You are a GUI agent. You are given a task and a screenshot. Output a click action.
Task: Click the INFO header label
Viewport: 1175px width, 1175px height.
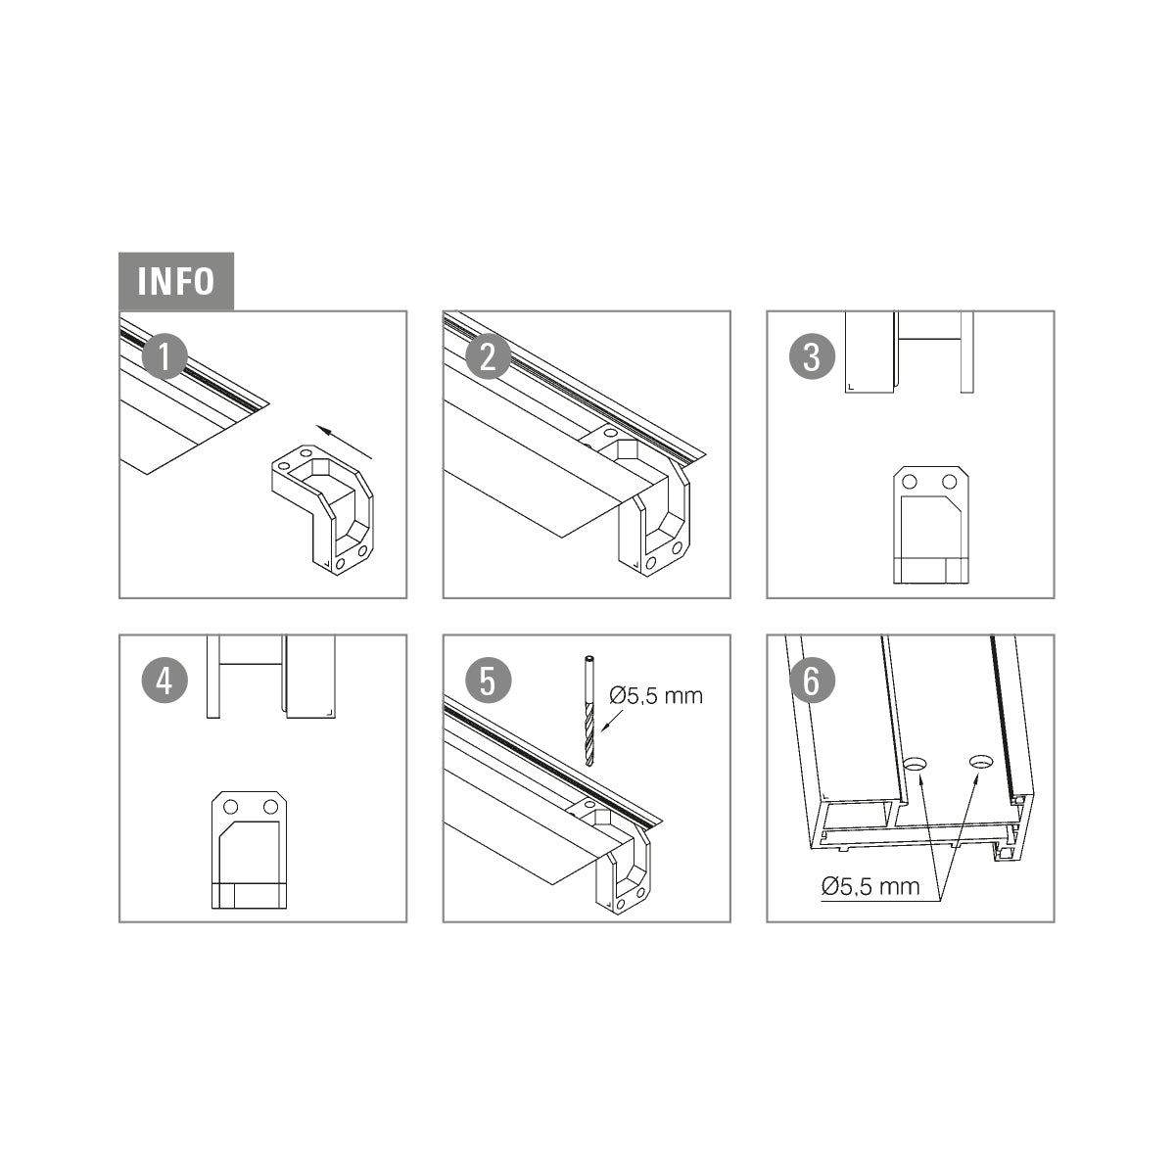coord(175,282)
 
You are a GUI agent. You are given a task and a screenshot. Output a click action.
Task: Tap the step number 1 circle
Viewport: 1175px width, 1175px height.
coord(164,356)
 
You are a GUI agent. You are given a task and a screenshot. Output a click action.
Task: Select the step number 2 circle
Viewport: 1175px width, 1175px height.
coord(489,356)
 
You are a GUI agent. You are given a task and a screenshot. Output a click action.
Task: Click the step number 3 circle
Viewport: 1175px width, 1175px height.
coord(812,356)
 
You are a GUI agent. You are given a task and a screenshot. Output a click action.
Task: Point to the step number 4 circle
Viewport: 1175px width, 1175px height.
coord(164,681)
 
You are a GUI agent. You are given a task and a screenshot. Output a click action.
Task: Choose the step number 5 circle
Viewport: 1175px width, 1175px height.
coord(489,681)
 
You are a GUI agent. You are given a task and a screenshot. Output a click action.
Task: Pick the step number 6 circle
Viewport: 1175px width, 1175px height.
coord(812,681)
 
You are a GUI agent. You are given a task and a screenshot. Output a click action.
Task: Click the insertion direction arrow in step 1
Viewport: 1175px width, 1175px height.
coord(344,441)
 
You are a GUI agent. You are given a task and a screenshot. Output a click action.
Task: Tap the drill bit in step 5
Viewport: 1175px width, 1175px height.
coord(589,711)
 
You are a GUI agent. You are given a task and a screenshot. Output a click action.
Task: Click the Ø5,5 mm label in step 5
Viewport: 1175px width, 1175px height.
coord(656,696)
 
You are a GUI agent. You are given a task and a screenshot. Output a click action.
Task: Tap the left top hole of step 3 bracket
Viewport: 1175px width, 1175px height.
coord(909,482)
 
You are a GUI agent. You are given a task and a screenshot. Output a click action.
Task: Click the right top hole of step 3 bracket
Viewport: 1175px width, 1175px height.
coord(950,482)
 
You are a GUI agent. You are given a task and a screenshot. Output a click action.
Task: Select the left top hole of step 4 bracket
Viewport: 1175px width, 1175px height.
coord(230,807)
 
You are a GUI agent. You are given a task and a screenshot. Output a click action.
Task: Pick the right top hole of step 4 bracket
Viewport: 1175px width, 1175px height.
coord(270,807)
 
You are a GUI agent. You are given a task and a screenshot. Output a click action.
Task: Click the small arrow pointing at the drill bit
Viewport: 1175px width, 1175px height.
coord(612,720)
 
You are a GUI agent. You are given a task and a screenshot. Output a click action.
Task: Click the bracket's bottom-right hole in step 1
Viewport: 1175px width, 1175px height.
coord(363,551)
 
